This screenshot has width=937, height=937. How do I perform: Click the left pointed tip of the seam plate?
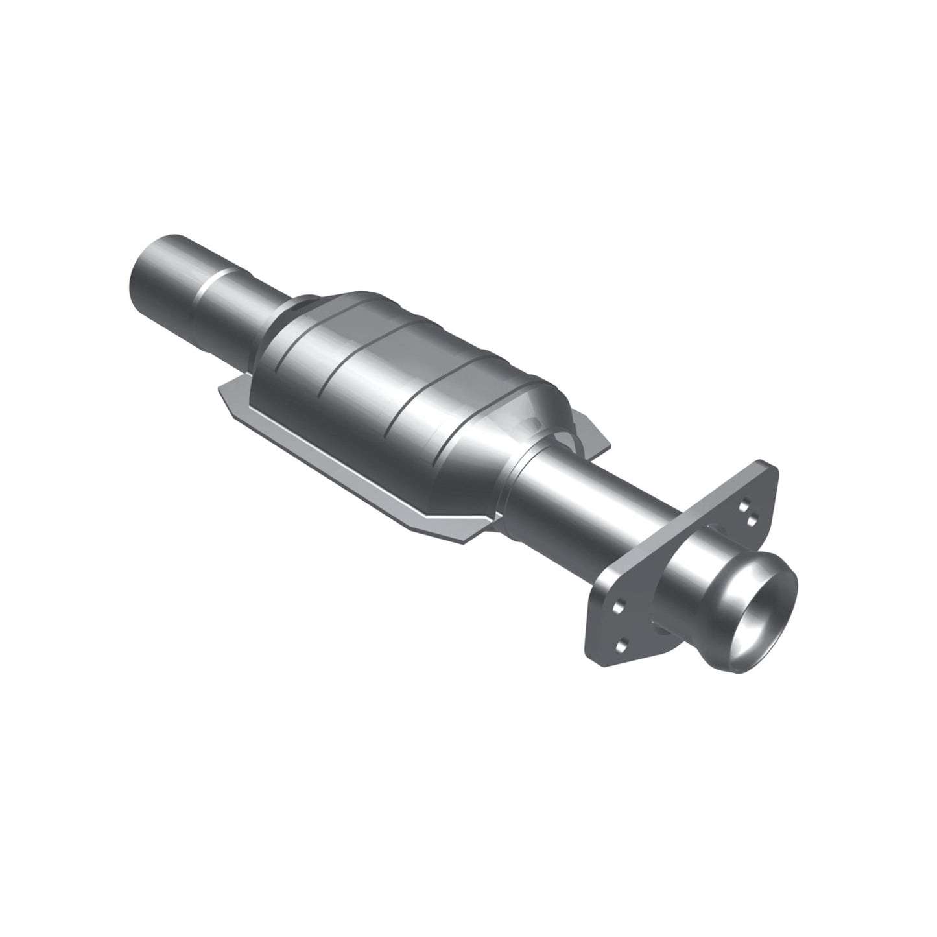click(x=221, y=388)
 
